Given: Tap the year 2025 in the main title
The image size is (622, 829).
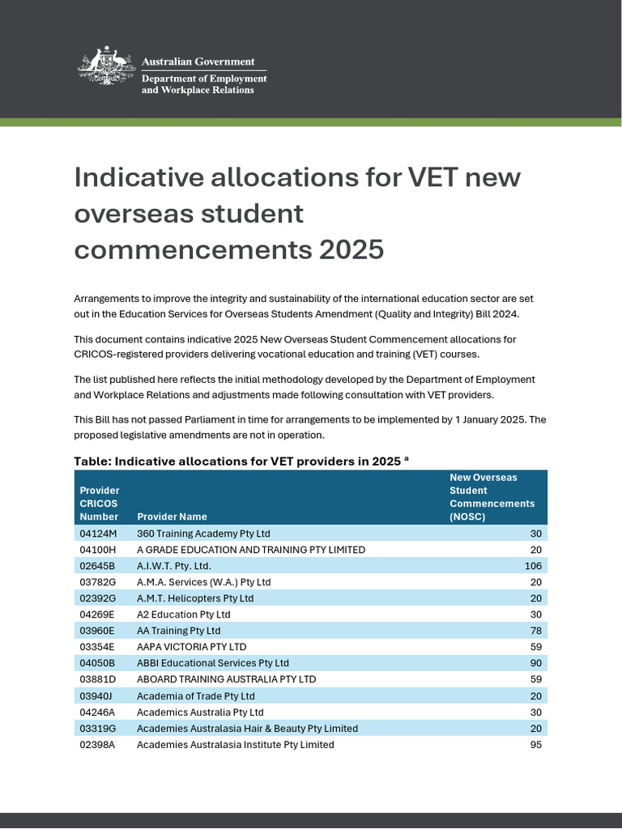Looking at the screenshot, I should (x=351, y=249).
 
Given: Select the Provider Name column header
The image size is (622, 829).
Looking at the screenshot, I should (x=172, y=517).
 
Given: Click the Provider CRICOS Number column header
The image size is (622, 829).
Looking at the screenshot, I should (x=99, y=504).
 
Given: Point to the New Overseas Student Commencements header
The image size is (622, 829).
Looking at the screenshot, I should (x=492, y=497).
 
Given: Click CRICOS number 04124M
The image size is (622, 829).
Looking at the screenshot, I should (x=98, y=534).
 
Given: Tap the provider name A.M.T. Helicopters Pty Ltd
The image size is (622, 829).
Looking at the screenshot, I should (x=195, y=598).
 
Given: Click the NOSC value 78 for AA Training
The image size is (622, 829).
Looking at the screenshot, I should (x=535, y=631).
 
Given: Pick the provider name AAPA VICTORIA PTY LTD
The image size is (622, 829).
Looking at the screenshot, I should (x=191, y=647).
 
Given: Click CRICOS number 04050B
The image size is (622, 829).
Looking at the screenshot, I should (x=98, y=663).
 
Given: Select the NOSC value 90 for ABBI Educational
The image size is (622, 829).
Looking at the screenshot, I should (x=535, y=663).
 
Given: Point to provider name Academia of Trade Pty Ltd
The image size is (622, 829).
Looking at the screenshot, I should (x=195, y=696).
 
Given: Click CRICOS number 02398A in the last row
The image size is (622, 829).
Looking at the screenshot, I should (x=98, y=745).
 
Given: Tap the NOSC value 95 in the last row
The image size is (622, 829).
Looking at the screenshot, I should (x=535, y=745).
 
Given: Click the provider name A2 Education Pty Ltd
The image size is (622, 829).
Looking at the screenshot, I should (x=183, y=614).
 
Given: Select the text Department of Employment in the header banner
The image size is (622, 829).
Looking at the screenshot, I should (x=204, y=79).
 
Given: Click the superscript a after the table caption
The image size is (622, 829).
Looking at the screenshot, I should (x=407, y=458).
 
